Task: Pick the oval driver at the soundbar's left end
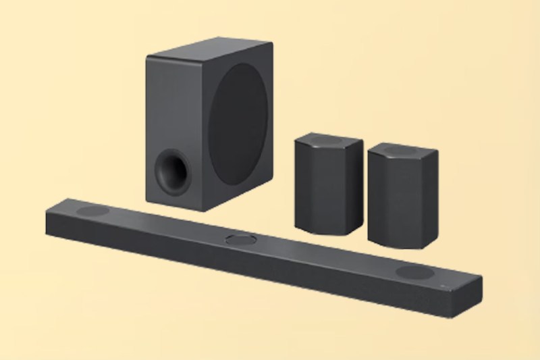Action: tap(93, 211)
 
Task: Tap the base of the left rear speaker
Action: tap(324, 230)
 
